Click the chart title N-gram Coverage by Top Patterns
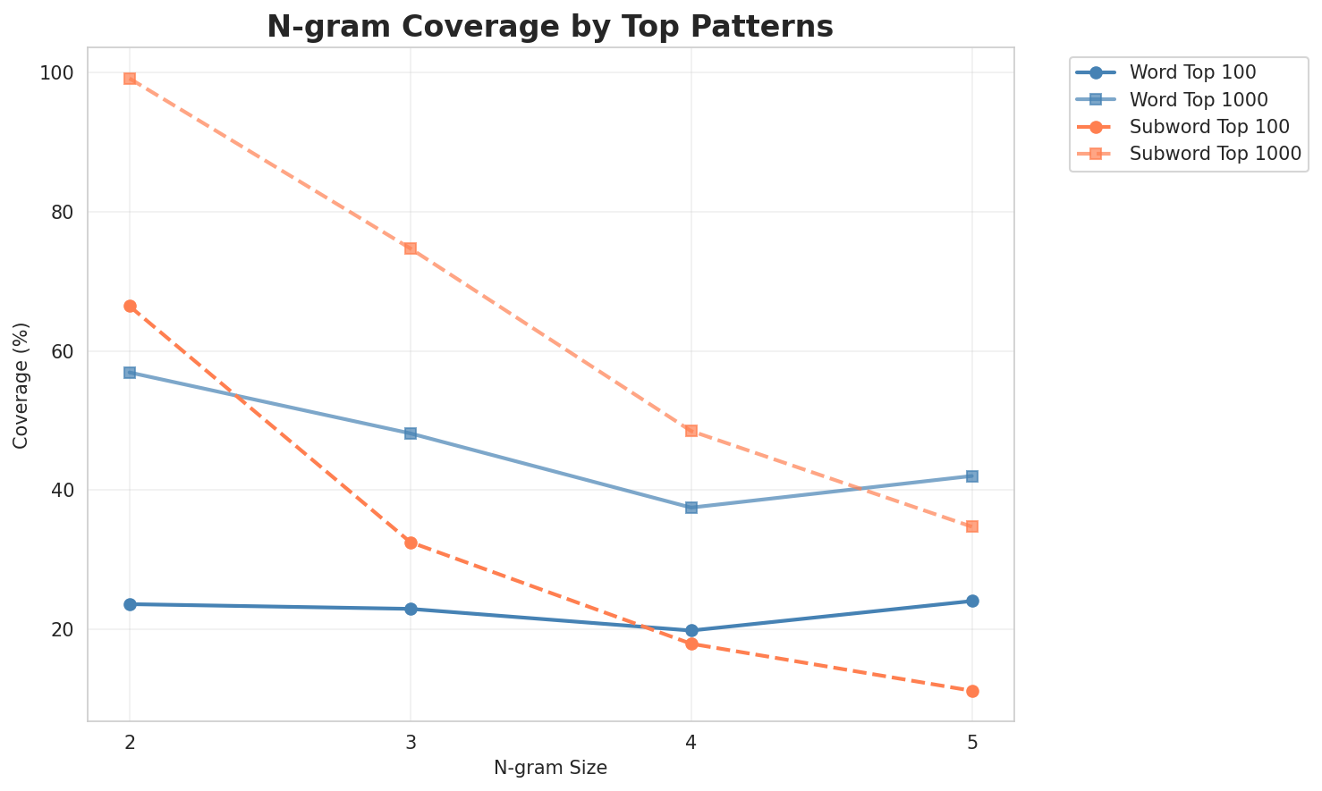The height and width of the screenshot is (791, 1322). pyautogui.click(x=550, y=27)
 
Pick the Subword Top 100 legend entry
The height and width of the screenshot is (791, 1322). pyautogui.click(x=1196, y=126)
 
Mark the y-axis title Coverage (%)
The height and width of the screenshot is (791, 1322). pyautogui.click(x=21, y=384)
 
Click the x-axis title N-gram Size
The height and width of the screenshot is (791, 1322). pyautogui.click(x=550, y=768)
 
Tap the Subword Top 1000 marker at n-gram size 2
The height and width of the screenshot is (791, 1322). pyautogui.click(x=130, y=79)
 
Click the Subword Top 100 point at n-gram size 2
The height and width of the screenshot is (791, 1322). pyautogui.click(x=130, y=306)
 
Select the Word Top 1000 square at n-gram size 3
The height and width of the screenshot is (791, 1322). pyautogui.click(x=411, y=433)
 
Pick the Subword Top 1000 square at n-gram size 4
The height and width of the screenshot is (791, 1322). pyautogui.click(x=691, y=431)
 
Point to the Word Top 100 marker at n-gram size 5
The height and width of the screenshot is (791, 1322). pyautogui.click(x=972, y=601)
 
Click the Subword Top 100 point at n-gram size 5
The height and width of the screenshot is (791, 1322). pyautogui.click(x=972, y=691)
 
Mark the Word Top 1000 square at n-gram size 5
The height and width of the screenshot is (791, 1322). pyautogui.click(x=972, y=476)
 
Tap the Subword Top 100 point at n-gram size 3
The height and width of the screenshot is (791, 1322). pyautogui.click(x=411, y=543)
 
